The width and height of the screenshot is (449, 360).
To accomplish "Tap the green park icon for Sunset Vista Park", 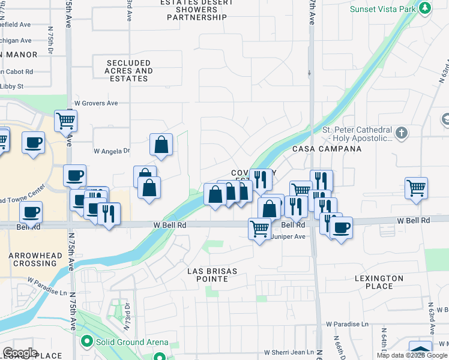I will (x=425, y=8).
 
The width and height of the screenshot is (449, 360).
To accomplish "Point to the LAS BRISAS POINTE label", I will (x=212, y=275).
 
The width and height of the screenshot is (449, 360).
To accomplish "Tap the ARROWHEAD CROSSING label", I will (x=36, y=260).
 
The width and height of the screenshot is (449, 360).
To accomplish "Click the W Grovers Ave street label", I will (x=96, y=103).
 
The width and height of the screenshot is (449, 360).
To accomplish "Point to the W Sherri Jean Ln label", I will (x=289, y=352).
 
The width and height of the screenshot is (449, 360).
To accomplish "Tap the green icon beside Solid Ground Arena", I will (x=86, y=342).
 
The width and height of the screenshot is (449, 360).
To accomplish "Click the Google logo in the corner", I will (x=20, y=353).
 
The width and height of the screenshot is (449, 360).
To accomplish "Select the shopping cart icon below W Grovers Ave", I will (x=65, y=120).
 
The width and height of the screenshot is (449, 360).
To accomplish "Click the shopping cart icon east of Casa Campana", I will (x=416, y=188).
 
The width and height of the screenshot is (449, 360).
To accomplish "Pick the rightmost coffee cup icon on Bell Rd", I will (x=342, y=227).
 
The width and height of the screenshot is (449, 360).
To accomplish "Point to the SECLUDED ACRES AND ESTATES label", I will (x=128, y=71).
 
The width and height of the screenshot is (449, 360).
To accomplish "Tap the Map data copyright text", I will (x=411, y=355).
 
